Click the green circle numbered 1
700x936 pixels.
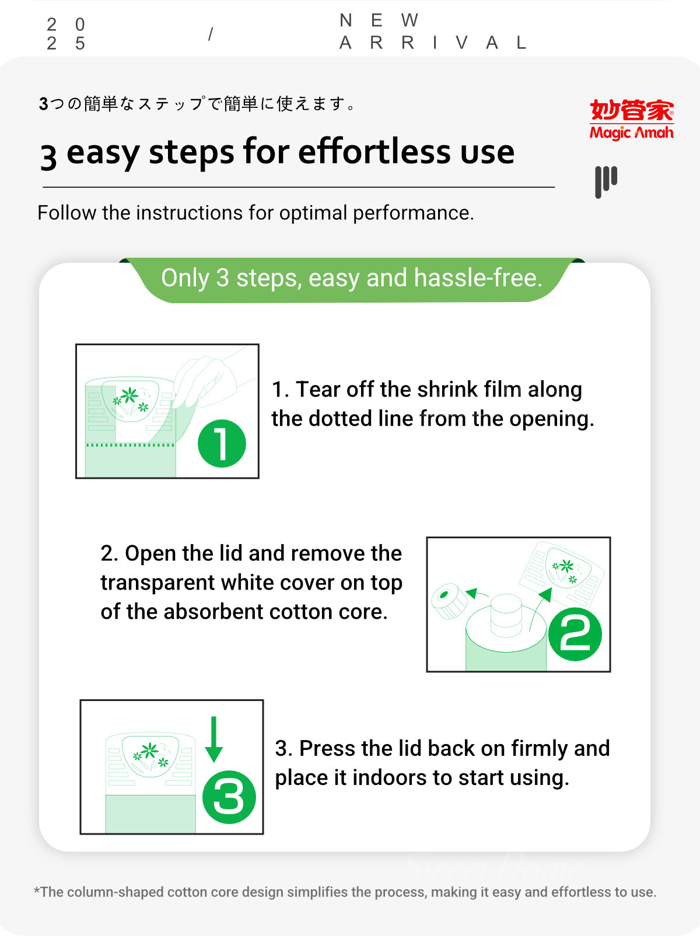click(222, 443)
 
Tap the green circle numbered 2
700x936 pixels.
click(575, 634)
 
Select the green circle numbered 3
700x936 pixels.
click(229, 797)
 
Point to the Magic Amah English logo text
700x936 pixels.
click(631, 132)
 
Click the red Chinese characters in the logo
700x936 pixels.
click(631, 110)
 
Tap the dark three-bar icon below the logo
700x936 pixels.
click(605, 182)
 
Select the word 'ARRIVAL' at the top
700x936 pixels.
click(433, 43)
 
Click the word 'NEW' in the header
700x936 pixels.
click(379, 20)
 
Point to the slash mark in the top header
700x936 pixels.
click(211, 34)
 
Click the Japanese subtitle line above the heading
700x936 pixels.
click(197, 104)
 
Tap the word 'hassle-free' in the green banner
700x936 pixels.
click(478, 278)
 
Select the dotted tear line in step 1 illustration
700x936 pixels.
click(130, 445)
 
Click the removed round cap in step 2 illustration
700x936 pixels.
click(449, 601)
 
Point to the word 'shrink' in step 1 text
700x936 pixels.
click(448, 390)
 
